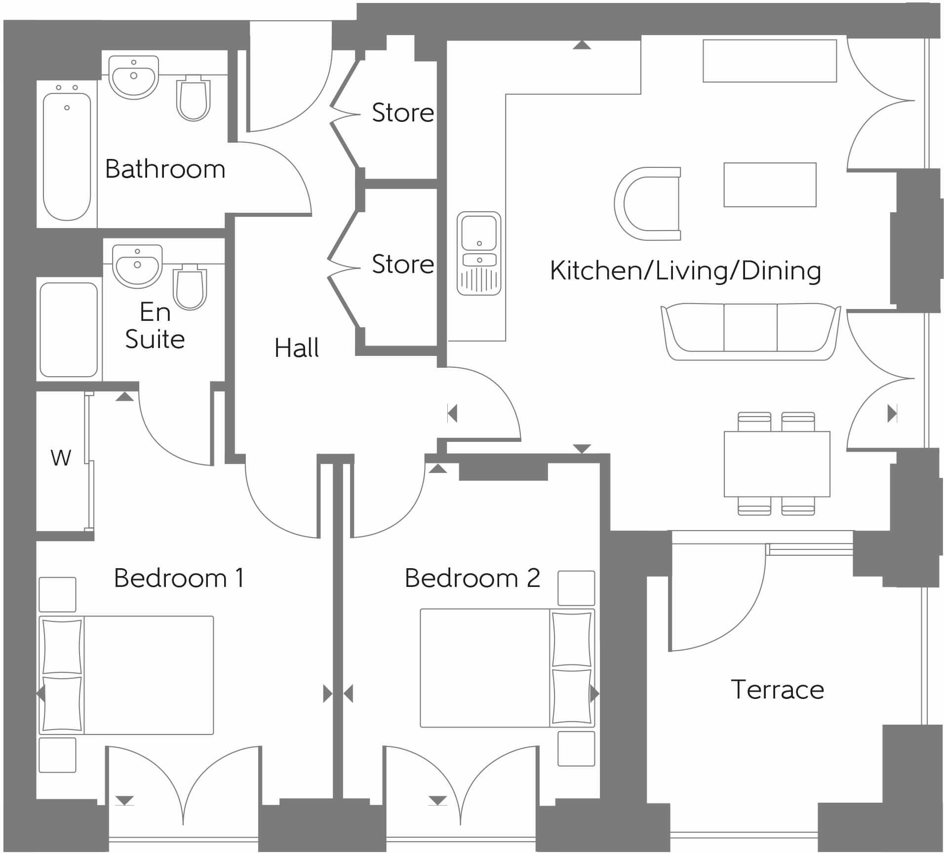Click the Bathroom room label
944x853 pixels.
[165, 169]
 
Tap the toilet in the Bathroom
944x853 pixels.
[193, 99]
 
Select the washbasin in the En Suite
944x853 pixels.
[137, 266]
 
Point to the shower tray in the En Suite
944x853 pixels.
[69, 330]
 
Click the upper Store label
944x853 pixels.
[402, 113]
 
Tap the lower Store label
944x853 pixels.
[402, 265]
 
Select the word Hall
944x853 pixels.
[296, 348]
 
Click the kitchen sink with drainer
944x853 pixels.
[478, 254]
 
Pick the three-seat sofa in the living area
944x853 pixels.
[750, 331]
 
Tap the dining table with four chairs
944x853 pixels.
[777, 464]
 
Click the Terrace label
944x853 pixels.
[777, 690]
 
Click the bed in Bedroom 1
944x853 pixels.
[127, 675]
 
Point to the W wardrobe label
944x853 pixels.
[61, 458]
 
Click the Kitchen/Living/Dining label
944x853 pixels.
[685, 271]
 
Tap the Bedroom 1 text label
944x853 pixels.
[179, 578]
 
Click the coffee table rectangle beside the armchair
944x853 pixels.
[770, 185]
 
